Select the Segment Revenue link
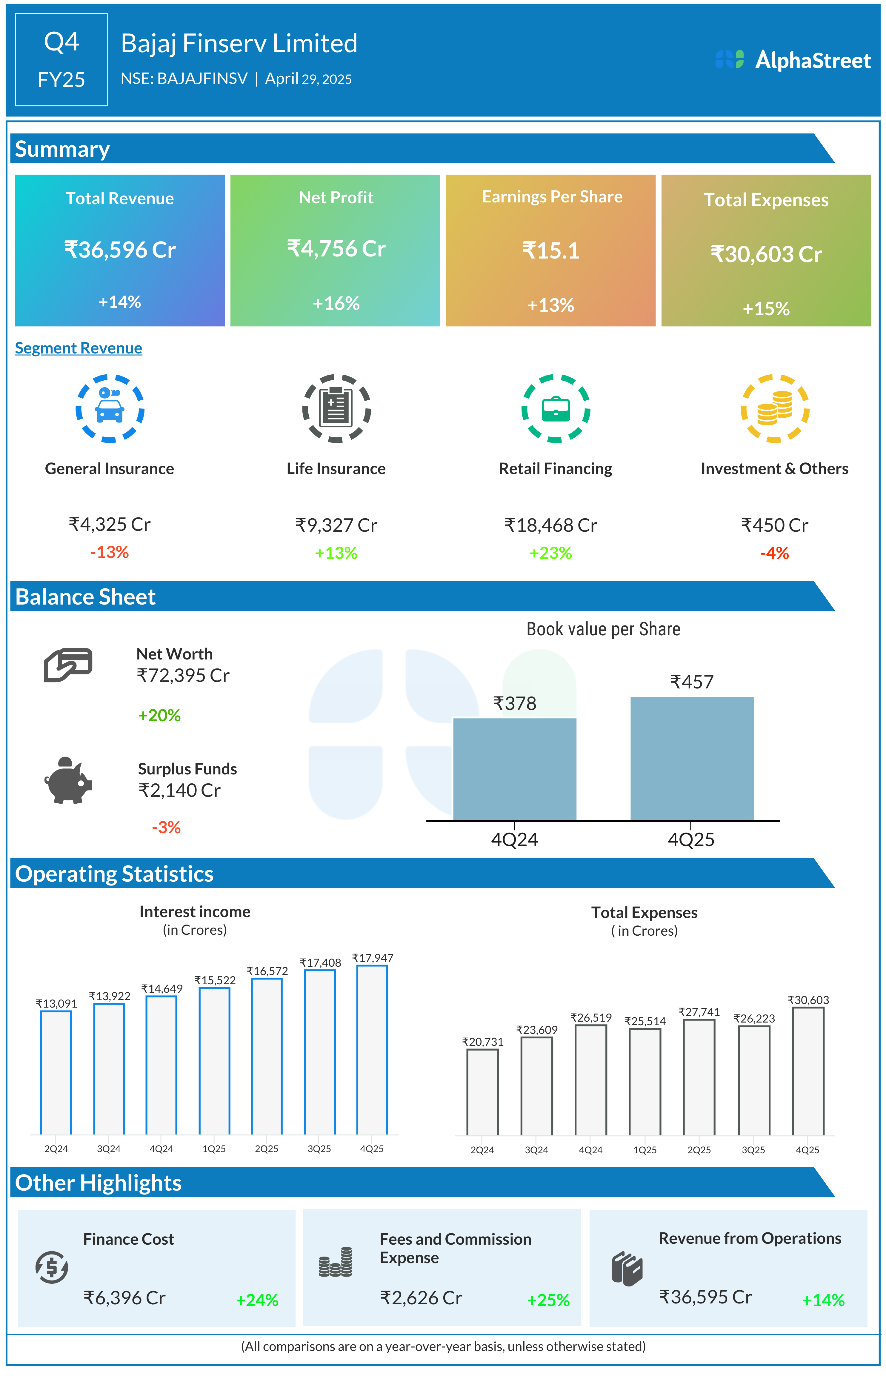78,348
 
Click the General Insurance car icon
110,408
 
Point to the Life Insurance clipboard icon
336,408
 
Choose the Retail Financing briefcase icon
556,408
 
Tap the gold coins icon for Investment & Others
774,408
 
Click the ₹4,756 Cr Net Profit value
336,248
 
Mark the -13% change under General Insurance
109,552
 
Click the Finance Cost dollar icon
52,1267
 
